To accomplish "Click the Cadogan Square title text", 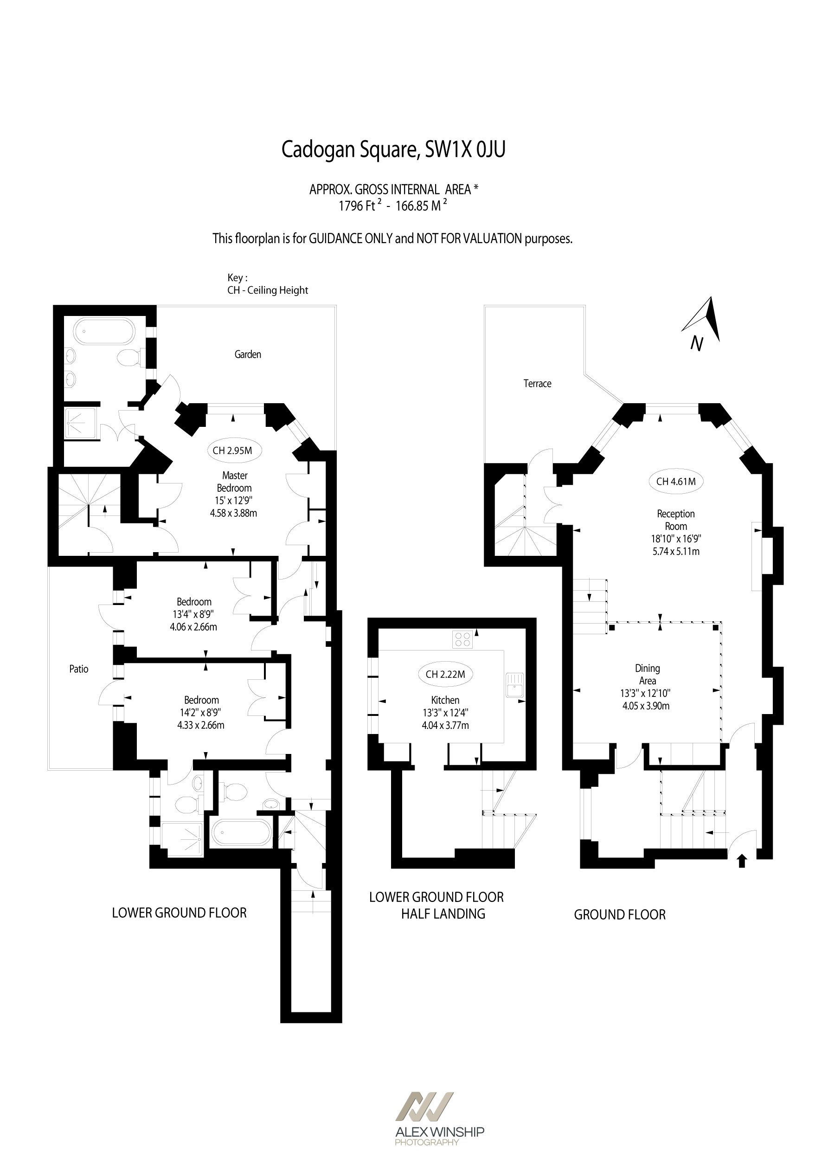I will tap(393, 149).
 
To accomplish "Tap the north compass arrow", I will tap(705, 321).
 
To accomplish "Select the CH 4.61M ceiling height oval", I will tap(675, 481).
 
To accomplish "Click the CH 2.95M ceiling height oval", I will tap(232, 450).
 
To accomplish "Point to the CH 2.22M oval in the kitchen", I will tap(445, 674).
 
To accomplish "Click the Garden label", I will tap(248, 354).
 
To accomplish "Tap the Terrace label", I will tap(537, 383).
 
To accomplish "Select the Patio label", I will tap(78, 669).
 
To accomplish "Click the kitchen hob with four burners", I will tap(462, 639).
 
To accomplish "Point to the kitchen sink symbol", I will tap(514, 685).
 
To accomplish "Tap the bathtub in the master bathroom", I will tap(105, 332).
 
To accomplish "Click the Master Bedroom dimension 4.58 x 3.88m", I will tap(233, 513).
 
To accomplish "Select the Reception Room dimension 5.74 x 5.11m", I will tap(675, 551).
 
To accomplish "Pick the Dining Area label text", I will tap(647, 674).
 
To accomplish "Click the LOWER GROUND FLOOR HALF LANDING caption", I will tap(436, 906).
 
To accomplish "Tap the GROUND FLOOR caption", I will tap(619, 915).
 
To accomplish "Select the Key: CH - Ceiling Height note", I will tap(267, 284).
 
